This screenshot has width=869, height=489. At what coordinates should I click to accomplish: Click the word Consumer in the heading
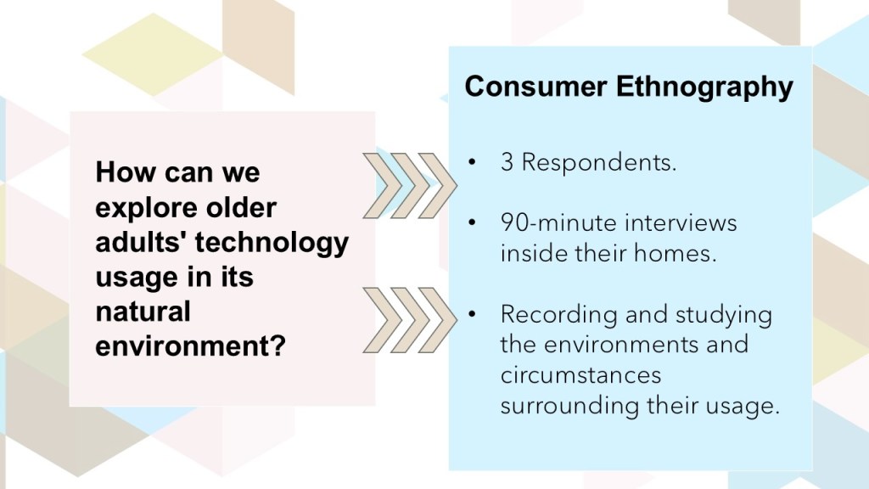535,87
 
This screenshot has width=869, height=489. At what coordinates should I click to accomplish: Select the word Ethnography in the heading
705,87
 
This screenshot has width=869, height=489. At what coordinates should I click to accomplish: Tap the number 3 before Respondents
507,162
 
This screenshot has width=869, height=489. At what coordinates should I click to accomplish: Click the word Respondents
599,162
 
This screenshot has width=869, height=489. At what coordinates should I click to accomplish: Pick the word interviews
681,223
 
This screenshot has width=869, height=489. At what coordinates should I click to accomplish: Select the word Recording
558,315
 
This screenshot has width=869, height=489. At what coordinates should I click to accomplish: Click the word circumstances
580,375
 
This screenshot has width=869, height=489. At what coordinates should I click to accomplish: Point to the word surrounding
569,406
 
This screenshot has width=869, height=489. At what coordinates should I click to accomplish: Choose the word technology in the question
272,243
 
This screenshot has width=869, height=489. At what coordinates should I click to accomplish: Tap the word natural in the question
143,311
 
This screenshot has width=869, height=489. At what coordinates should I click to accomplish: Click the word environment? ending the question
191,346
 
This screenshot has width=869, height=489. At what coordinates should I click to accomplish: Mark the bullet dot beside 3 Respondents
472,162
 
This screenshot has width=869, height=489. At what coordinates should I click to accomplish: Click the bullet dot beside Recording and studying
472,314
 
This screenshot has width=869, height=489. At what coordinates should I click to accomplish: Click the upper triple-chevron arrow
410,185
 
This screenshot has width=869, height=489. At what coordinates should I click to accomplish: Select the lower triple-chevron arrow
410,320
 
